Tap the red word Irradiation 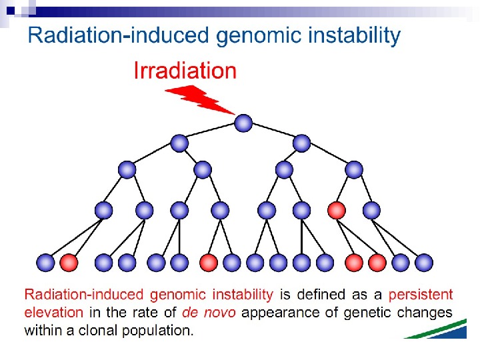click(x=185, y=71)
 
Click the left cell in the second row click(x=179, y=143)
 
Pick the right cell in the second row click(x=302, y=143)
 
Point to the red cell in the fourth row click(x=337, y=211)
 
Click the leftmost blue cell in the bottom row click(x=46, y=263)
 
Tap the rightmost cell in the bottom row click(x=424, y=263)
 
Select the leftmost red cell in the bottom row click(x=69, y=263)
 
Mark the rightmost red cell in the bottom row click(x=377, y=263)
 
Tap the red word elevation click(x=54, y=312)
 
